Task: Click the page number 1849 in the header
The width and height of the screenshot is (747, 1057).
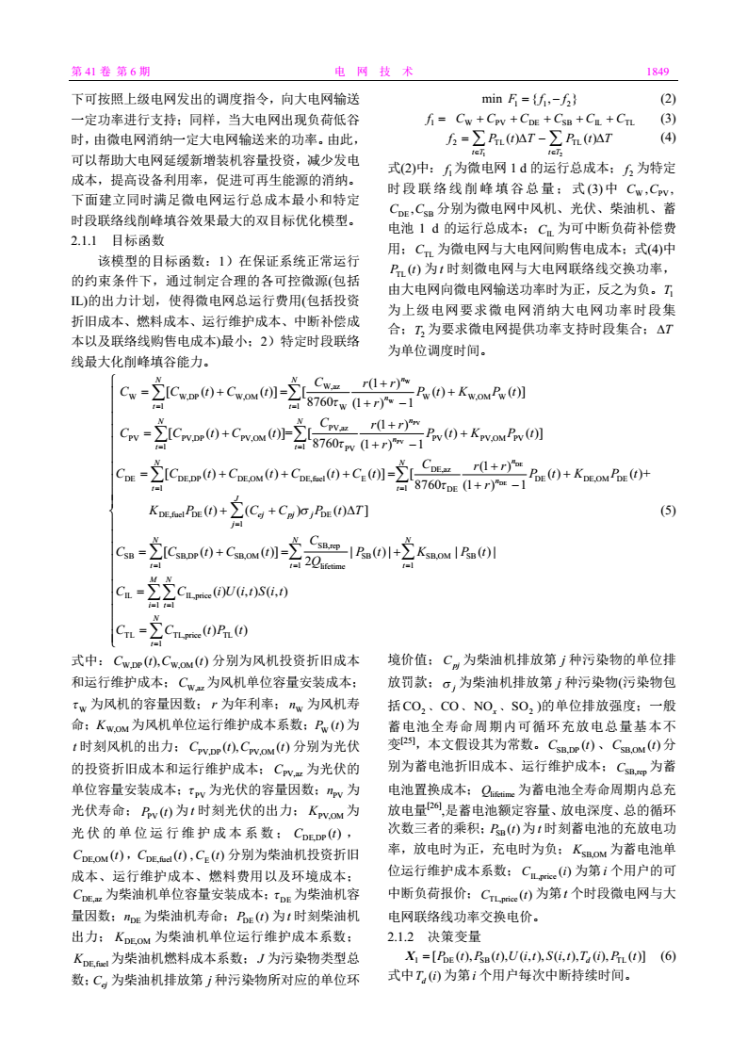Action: [x=657, y=71]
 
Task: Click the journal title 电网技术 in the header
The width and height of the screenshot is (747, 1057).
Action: [x=374, y=71]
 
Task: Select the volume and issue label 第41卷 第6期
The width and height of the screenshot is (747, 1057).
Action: [x=110, y=71]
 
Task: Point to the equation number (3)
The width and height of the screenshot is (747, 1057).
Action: [x=668, y=119]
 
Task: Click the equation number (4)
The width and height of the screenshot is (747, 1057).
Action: [x=668, y=137]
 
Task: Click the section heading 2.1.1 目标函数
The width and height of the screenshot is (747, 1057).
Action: [x=111, y=240]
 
